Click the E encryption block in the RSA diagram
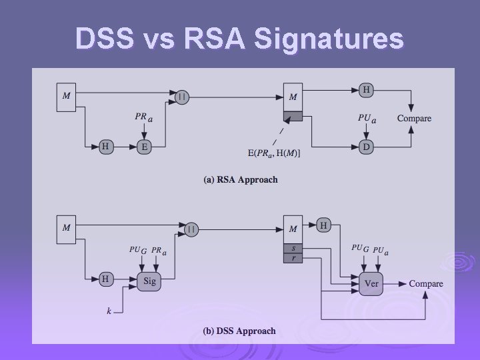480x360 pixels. [143, 147]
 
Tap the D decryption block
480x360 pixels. [365, 146]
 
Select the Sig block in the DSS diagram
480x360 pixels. [149, 281]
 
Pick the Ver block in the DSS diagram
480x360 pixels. [371, 283]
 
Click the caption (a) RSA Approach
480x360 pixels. [241, 180]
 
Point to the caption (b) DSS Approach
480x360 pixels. [239, 331]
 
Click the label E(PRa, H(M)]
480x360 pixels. [275, 154]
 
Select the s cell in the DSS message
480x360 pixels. [293, 247]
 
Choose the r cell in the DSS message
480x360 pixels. [293, 257]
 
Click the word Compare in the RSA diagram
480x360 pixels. [414, 119]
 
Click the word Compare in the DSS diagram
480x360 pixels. [426, 283]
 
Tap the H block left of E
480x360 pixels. [105, 147]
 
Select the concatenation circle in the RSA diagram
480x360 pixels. [182, 97]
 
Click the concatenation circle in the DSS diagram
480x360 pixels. [191, 229]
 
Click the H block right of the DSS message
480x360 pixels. [323, 225]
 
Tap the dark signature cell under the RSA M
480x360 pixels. [293, 116]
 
